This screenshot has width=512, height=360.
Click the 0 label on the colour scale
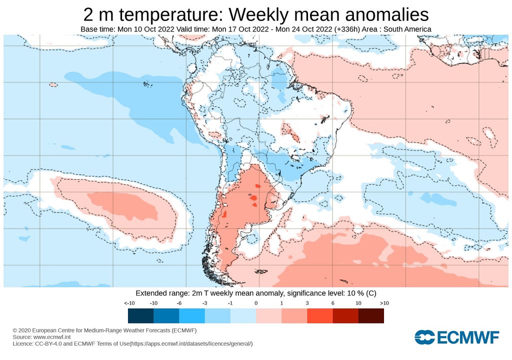256,303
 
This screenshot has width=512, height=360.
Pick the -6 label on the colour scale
179,303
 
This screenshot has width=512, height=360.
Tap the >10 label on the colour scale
384,303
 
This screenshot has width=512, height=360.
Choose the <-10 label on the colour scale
128,303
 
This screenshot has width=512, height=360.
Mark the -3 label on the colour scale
204,303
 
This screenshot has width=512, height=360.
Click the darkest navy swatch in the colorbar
140,315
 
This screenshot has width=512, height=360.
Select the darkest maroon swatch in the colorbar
371,315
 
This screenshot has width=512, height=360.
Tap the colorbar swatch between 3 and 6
320,315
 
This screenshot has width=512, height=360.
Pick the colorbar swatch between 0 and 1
268,315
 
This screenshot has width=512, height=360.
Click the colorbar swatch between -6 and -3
191,315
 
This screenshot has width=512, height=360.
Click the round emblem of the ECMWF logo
424,337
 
